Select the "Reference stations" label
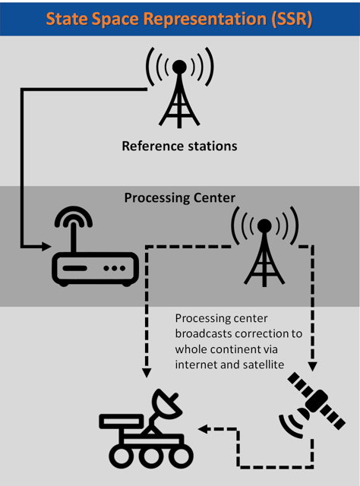(x=179, y=146)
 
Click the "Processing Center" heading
(x=179, y=197)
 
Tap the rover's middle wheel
(x=151, y=456)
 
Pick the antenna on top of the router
(x=74, y=229)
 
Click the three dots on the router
(x=115, y=268)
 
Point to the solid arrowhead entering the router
(x=46, y=247)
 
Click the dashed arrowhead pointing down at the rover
(x=147, y=373)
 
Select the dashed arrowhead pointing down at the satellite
(x=313, y=367)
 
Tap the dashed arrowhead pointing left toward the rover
(x=203, y=429)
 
